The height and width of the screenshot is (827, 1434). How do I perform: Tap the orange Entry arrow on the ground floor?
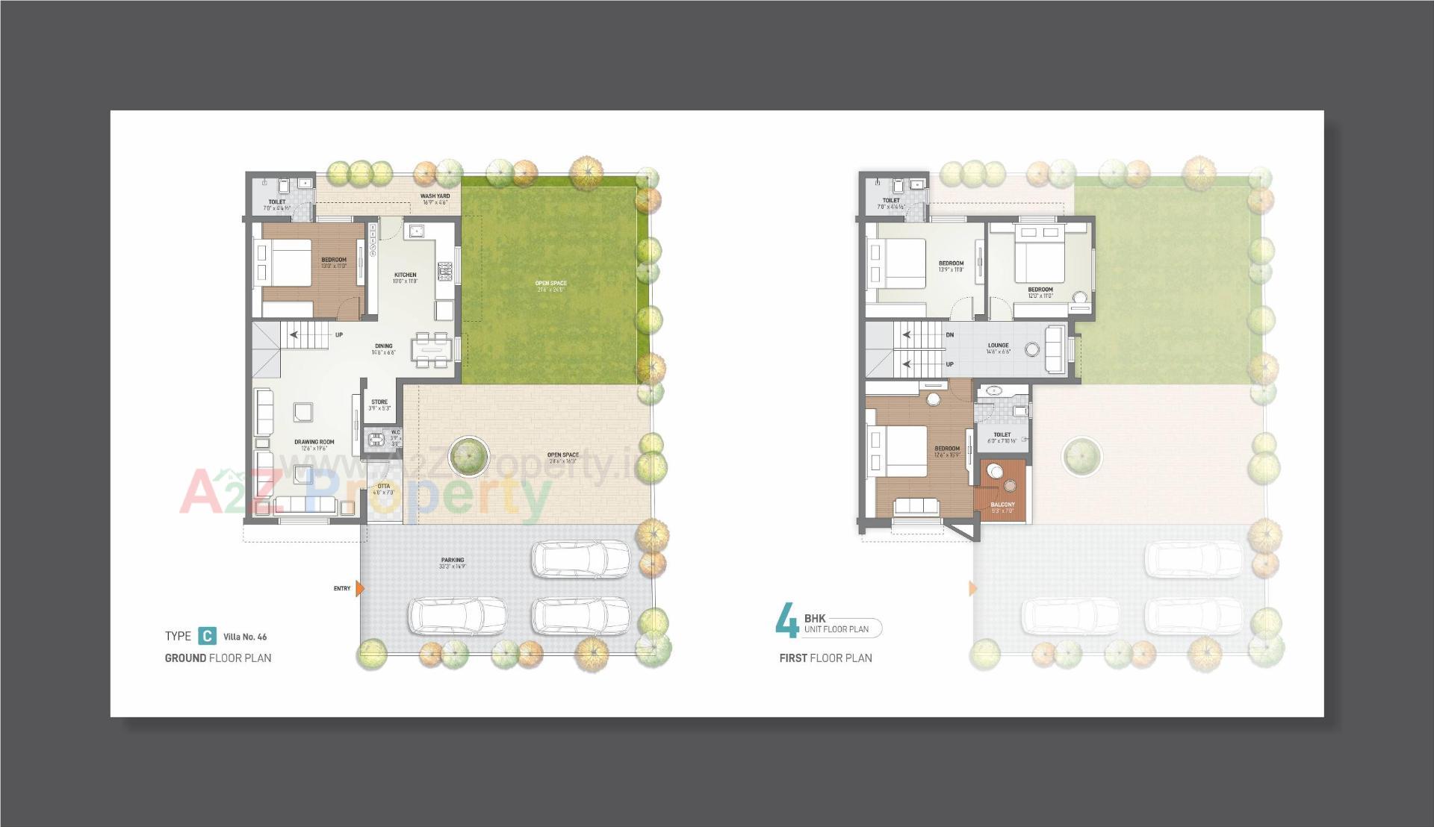click(360, 589)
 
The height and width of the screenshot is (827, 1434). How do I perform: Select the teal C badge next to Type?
click(207, 636)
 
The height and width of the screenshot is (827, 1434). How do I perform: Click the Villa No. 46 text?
click(245, 637)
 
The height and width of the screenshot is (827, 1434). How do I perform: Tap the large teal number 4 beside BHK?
click(786, 621)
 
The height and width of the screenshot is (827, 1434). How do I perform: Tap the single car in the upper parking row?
click(580, 559)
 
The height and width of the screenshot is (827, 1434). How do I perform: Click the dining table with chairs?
click(434, 349)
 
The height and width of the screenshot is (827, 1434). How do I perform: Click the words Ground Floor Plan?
click(218, 658)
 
